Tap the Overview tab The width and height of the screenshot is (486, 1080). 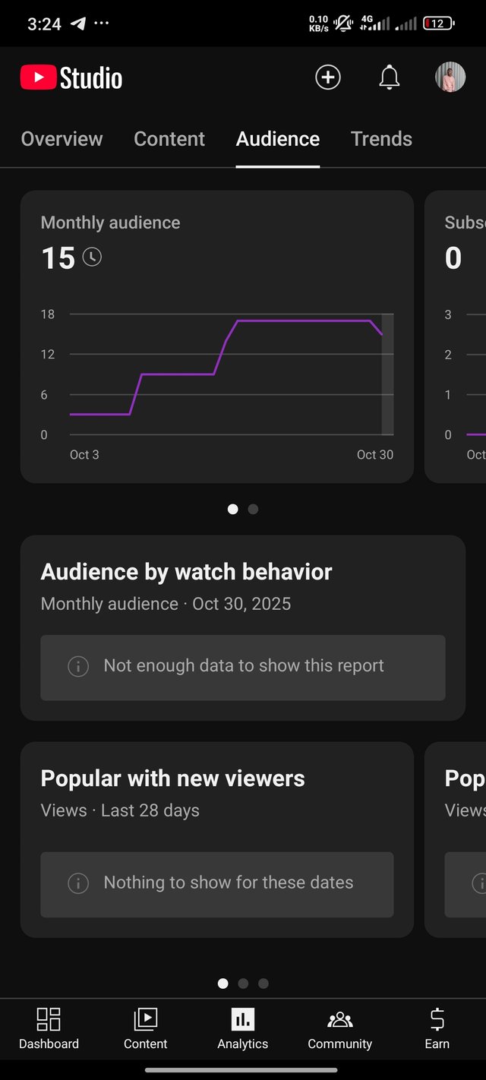point(62,139)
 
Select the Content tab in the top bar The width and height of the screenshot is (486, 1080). point(169,139)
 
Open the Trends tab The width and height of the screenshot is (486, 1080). point(381,139)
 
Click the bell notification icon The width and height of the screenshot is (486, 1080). point(389,77)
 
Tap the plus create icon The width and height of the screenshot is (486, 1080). point(328,77)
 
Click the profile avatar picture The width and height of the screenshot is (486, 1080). point(450,77)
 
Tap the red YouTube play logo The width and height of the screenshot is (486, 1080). point(38,77)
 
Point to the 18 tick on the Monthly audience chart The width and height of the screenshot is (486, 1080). point(48,314)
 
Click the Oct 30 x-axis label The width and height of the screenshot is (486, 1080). point(375,455)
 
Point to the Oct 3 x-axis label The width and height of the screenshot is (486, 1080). point(84,455)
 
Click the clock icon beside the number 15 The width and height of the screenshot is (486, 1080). point(92,257)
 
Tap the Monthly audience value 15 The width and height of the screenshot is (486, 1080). point(58,258)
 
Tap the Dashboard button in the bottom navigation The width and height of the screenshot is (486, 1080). point(49,1028)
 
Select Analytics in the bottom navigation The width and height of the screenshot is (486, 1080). point(243,1028)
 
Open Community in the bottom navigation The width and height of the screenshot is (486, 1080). point(339,1028)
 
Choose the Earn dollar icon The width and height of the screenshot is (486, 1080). point(437,1019)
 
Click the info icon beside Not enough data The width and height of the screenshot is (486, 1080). point(78,666)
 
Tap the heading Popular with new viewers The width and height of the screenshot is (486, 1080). point(172,778)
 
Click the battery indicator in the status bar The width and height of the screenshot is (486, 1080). point(438,24)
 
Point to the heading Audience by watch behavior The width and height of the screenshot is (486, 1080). point(186,572)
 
